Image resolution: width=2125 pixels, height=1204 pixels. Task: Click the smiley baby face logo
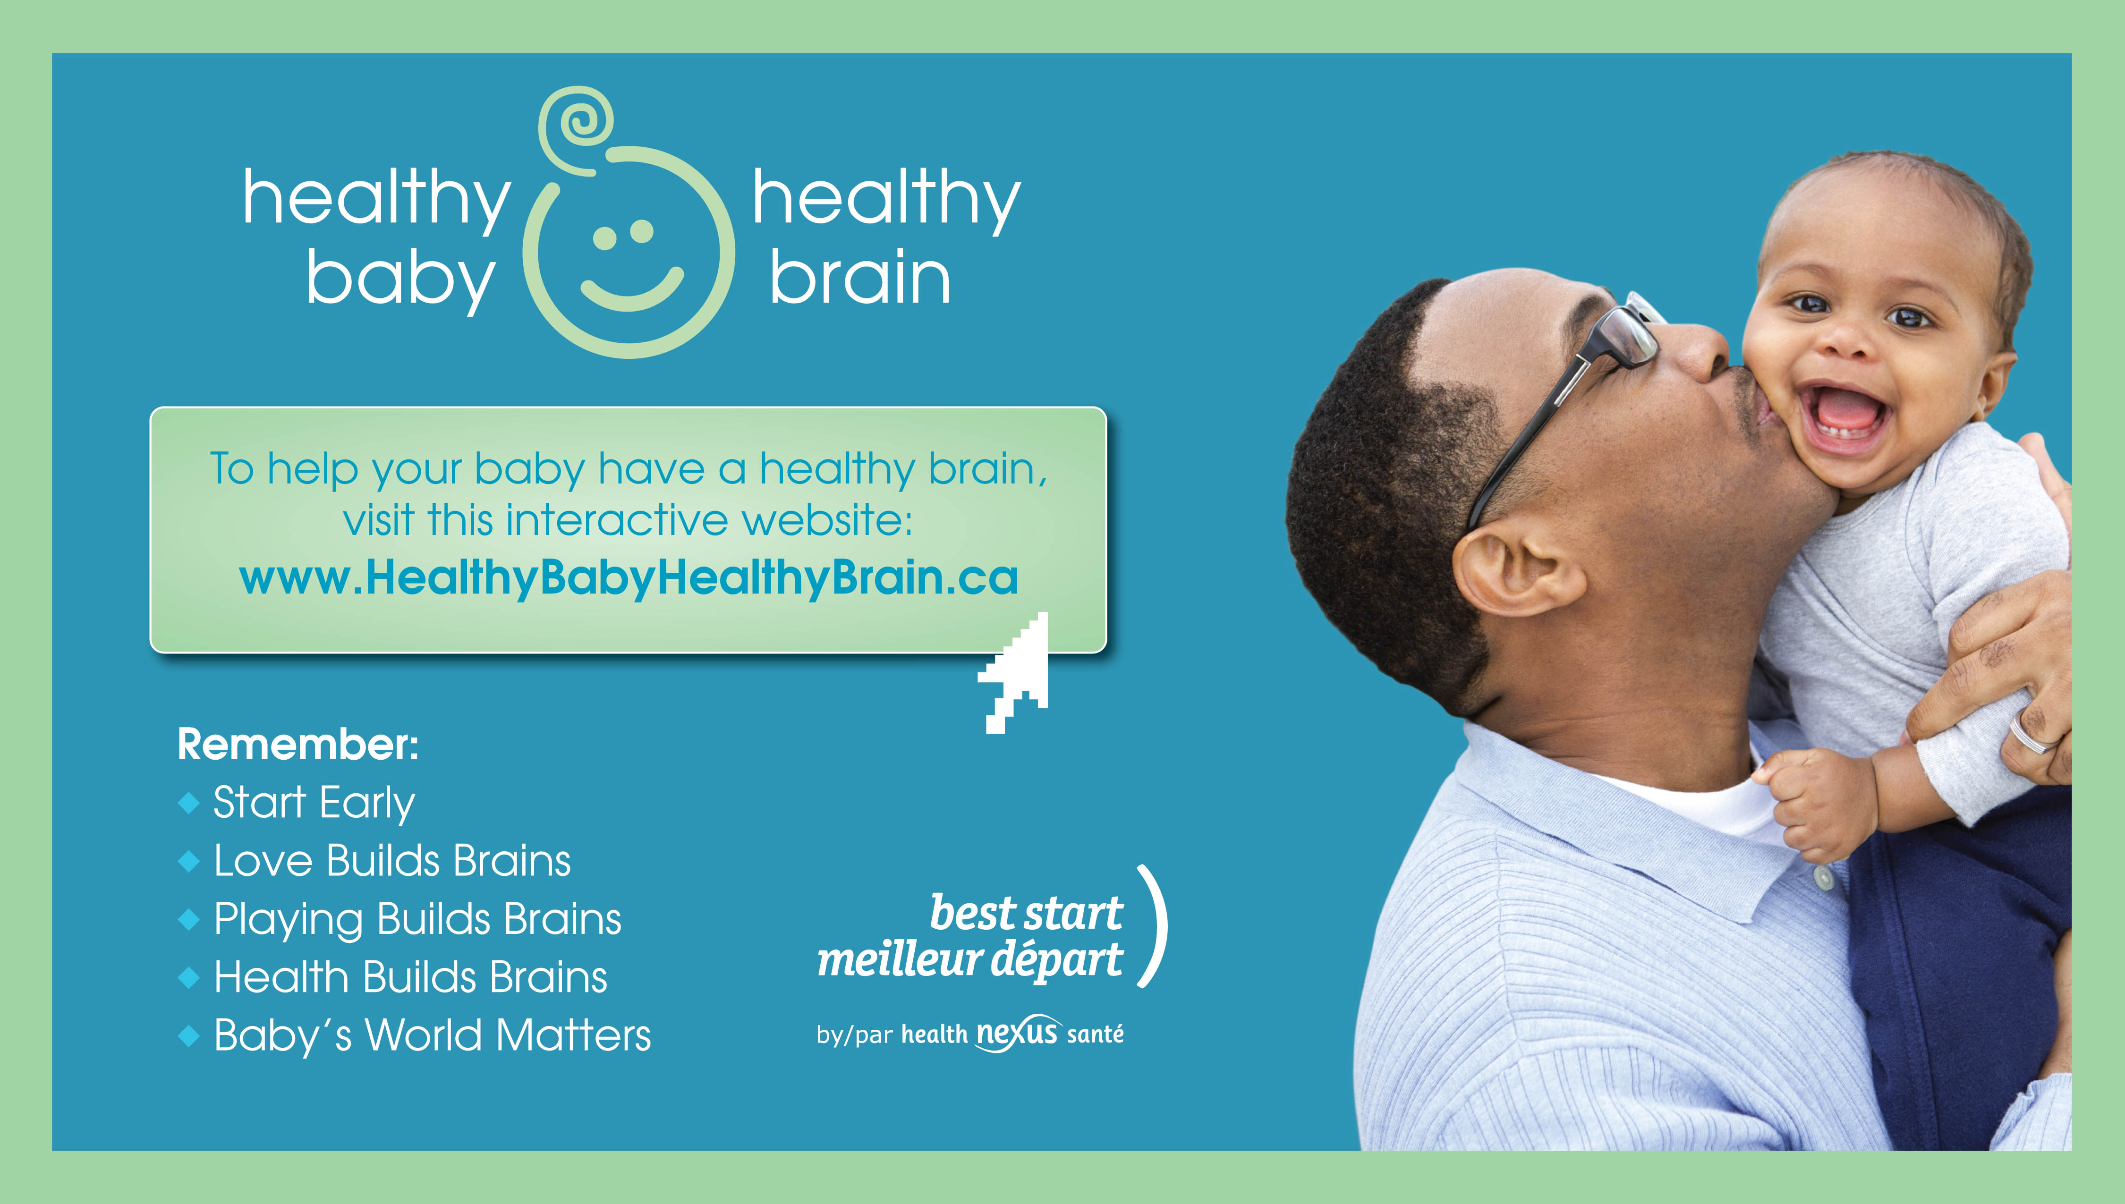coord(629,252)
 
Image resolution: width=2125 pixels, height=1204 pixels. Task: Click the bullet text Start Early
coord(314,803)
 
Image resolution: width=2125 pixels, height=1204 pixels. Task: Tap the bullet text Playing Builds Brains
coord(417,920)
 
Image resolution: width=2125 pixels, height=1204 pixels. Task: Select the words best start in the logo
coord(1026,913)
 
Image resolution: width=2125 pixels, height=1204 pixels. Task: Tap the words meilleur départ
coord(970,959)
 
